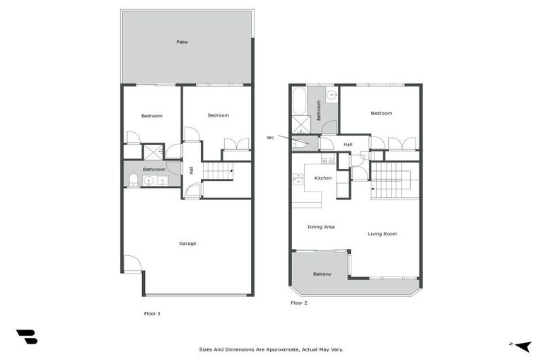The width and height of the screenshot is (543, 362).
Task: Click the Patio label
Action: (182, 42)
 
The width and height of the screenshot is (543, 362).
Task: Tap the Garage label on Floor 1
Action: (187, 243)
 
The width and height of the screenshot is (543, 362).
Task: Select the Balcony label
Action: (322, 274)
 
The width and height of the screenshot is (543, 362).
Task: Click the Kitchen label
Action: (323, 178)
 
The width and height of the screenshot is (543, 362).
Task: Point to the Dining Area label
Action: (321, 227)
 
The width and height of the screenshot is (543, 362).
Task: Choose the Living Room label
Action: (383, 233)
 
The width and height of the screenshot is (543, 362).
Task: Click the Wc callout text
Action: (270, 137)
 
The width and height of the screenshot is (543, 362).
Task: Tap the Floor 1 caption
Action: (152, 313)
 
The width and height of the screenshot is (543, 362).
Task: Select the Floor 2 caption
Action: (299, 303)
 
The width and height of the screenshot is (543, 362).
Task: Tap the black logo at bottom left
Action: (26, 337)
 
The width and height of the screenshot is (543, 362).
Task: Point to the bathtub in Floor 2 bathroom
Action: (299, 101)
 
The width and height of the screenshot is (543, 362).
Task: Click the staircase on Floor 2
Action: (386, 180)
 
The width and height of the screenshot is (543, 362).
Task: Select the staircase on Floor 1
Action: (218, 170)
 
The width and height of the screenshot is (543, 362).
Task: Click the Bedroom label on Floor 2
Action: (381, 113)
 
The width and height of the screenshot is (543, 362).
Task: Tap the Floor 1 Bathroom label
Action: (154, 170)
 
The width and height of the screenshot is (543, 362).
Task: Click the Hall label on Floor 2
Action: (348, 144)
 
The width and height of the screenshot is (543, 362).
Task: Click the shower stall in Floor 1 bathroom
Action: (153, 151)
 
